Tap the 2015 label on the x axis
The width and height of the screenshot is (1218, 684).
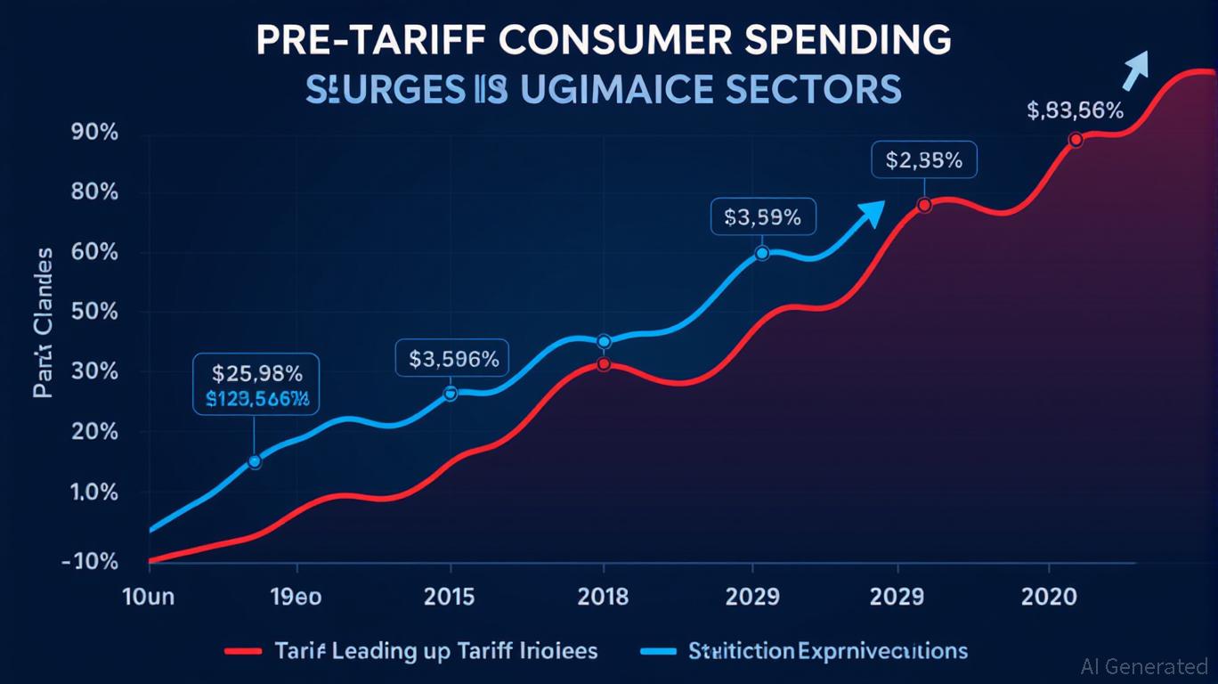tap(451, 597)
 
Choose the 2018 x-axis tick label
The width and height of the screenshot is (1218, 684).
tap(604, 597)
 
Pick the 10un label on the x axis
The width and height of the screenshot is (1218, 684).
tap(148, 597)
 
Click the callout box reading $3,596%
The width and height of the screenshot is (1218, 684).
tap(453, 359)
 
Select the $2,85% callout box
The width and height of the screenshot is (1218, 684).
tap(923, 160)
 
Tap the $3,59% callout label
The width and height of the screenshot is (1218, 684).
tap(763, 216)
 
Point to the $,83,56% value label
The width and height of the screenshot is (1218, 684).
tap(1075, 110)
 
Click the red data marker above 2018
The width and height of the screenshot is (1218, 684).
tap(605, 364)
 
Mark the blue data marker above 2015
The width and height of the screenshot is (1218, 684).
tap(450, 394)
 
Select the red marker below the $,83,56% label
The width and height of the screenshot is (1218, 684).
tap(1076, 140)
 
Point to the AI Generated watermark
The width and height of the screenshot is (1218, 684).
tap(1143, 665)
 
